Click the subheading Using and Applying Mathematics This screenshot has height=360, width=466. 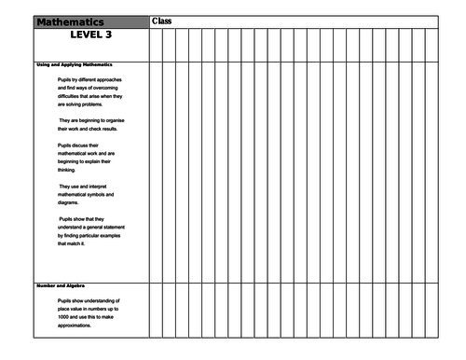coord(75,64)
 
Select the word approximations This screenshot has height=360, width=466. coord(77,325)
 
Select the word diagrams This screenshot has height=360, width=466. coord(71,203)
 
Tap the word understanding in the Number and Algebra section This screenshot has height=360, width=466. coord(112,298)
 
